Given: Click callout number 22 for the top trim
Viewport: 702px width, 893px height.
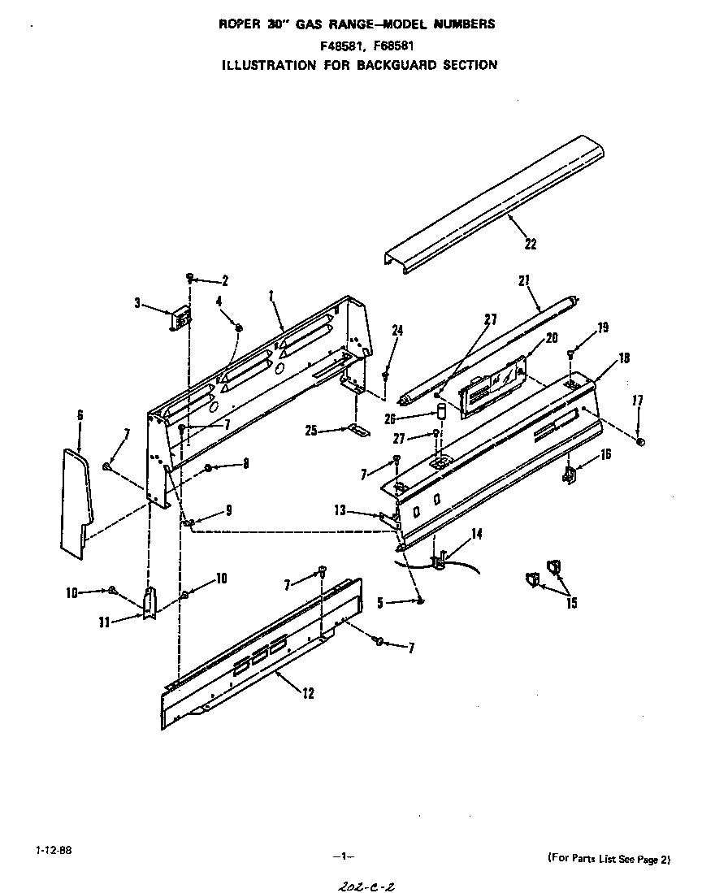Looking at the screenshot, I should click(x=531, y=244).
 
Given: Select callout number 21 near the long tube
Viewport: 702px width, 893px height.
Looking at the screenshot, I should click(x=524, y=282).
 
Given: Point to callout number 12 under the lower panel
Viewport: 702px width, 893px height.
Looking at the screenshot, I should click(x=307, y=693).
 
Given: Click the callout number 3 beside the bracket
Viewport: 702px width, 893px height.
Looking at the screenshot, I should click(x=137, y=304).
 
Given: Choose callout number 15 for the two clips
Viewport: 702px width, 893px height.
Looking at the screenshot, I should click(x=572, y=604).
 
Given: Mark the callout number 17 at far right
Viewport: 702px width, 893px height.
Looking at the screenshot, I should click(x=638, y=400).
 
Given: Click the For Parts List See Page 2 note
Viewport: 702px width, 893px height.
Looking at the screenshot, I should click(x=609, y=858).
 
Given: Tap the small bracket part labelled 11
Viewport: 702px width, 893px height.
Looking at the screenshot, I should click(x=149, y=602).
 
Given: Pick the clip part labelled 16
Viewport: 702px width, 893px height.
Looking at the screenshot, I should click(x=570, y=474).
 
